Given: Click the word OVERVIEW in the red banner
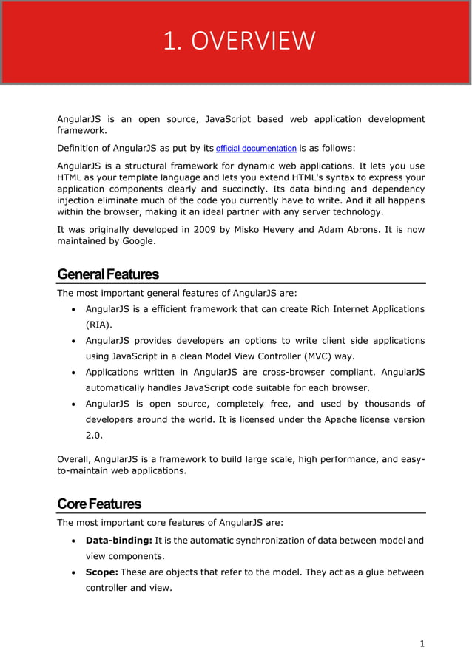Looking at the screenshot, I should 253,41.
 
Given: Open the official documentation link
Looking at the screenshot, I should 256,148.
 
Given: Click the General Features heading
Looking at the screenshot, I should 108,274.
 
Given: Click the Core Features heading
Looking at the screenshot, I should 99,504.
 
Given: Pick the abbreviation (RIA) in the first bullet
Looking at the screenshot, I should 98,325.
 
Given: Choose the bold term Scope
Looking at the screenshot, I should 102,572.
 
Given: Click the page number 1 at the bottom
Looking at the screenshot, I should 422,644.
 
